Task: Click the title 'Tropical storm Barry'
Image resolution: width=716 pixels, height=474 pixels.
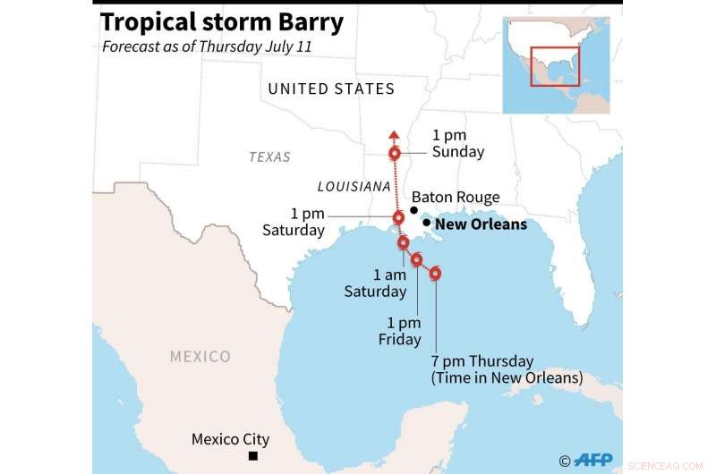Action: [221, 22]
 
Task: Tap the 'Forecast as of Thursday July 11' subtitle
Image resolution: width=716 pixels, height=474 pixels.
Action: [207, 47]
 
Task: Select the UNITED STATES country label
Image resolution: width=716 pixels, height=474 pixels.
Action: [331, 89]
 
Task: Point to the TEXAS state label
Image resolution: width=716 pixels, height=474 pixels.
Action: [269, 157]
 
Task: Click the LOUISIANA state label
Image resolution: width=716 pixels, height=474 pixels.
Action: [354, 187]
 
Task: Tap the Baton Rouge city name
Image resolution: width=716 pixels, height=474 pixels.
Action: [455, 198]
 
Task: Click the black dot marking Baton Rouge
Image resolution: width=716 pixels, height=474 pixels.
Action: [413, 209]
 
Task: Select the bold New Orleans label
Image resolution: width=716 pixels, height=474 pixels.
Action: [481, 224]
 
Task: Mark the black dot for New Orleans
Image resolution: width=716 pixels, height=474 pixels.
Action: [426, 223]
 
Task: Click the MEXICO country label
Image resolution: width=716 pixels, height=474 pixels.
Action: [200, 357]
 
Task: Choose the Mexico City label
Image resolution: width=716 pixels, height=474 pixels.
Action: [230, 440]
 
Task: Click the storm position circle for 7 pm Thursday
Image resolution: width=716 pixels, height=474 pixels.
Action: [436, 274]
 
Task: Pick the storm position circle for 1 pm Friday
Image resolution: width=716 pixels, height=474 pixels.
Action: [417, 259]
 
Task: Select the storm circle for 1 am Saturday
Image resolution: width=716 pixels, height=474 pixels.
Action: [404, 242]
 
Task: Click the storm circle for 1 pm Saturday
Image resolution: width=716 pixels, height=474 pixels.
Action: [399, 217]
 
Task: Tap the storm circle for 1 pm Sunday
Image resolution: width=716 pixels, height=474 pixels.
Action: [395, 154]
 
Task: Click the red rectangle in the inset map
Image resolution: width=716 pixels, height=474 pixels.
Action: [555, 66]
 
